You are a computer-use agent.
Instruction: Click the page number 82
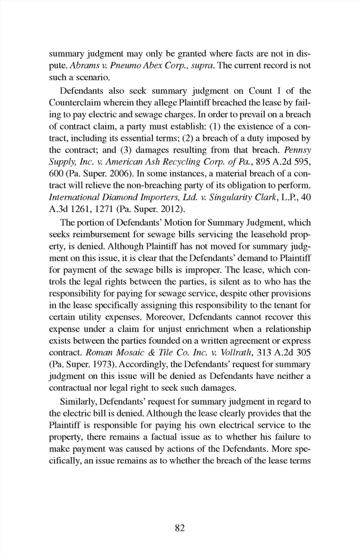(x=180, y=528)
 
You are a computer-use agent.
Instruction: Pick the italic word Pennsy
(x=297, y=150)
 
